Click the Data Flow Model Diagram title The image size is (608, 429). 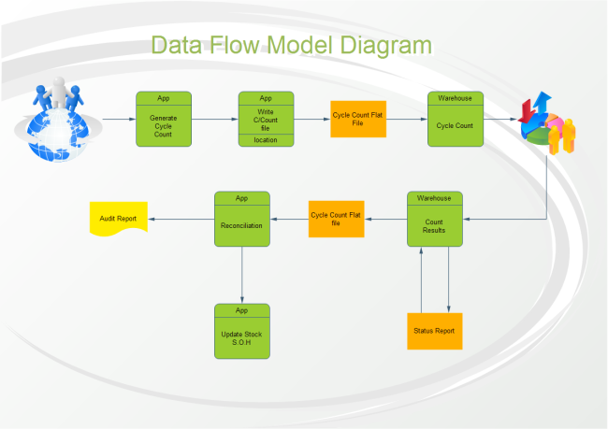(291, 46)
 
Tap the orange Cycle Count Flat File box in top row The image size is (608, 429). (358, 119)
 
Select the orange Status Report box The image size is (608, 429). (434, 331)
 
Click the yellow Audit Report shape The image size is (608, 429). (118, 219)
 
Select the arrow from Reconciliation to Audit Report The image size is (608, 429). (181, 219)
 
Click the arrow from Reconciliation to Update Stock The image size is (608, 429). (241, 275)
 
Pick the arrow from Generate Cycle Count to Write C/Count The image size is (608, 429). (214, 119)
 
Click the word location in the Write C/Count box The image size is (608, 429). (266, 140)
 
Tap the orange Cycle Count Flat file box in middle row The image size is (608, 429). (336, 219)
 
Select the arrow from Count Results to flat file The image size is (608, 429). (384, 219)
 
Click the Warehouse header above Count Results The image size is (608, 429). (434, 198)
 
